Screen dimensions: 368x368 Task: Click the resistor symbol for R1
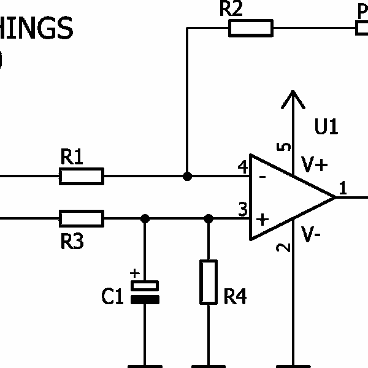pyautogui.click(x=82, y=177)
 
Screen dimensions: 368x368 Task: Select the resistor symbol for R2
pyautogui.click(x=250, y=28)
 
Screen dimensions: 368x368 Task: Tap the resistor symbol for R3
pyautogui.click(x=82, y=218)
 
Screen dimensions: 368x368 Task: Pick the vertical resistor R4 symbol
pyautogui.click(x=209, y=282)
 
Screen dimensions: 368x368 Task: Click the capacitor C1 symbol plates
pyautogui.click(x=145, y=292)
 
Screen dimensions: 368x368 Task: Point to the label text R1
pyautogui.click(x=72, y=158)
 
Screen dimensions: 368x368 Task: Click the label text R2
pyautogui.click(x=231, y=9)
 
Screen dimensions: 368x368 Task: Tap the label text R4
pyautogui.click(x=235, y=297)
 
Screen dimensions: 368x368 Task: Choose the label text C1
pyautogui.click(x=113, y=297)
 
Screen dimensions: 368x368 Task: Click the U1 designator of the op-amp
pyautogui.click(x=326, y=127)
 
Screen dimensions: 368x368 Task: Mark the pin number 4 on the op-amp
pyautogui.click(x=242, y=166)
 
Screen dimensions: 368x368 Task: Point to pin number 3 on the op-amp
pyautogui.click(x=242, y=210)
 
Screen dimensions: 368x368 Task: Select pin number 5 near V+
pyautogui.click(x=284, y=147)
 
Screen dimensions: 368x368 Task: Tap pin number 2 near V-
pyautogui.click(x=283, y=248)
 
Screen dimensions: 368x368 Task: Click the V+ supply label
pyautogui.click(x=315, y=164)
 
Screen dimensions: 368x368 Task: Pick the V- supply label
pyautogui.click(x=312, y=234)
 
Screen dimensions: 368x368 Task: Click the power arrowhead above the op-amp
pyautogui.click(x=293, y=99)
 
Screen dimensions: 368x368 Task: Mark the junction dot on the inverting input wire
pyautogui.click(x=187, y=177)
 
